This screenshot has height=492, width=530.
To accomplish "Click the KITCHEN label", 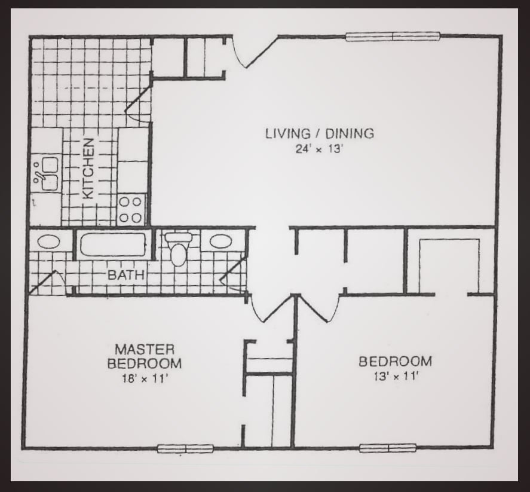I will (x=88, y=169).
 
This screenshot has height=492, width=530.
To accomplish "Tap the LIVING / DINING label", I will (x=320, y=133).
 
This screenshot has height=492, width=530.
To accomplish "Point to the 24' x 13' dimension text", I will (x=319, y=149).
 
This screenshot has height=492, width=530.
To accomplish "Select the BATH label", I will (x=126, y=276).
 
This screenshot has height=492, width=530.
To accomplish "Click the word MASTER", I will (x=145, y=349).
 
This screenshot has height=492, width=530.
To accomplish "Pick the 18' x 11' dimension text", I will (x=145, y=378).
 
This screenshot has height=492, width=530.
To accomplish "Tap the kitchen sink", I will (x=46, y=173).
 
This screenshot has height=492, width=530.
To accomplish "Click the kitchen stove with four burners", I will (x=130, y=209).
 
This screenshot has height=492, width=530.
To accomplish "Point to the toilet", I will (x=177, y=249).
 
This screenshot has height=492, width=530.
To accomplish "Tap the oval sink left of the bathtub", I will (x=48, y=242).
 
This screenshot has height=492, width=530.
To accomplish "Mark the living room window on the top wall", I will (x=393, y=36).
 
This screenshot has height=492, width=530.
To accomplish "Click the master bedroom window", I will (x=185, y=448).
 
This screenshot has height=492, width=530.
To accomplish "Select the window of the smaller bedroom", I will (x=388, y=448).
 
